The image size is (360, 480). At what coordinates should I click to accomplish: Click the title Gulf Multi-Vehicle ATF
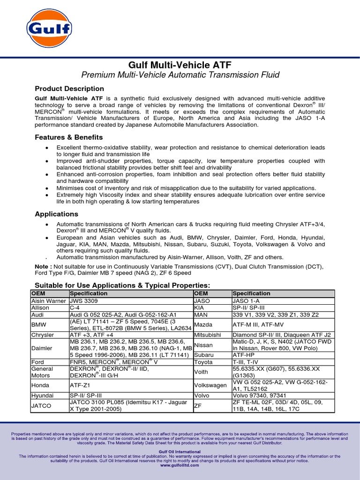[x=180, y=65]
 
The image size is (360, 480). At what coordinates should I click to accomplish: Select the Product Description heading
[x=69, y=89]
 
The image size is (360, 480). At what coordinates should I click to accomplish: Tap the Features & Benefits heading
[x=69, y=137]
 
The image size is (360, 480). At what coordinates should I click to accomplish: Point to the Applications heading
[x=57, y=214]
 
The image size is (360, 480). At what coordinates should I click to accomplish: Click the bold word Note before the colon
[x=43, y=267]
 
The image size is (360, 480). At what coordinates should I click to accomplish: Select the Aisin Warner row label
[x=48, y=301]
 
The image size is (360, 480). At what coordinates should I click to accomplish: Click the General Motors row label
[x=42, y=372]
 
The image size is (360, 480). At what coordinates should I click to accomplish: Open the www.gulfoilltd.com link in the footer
[x=180, y=466]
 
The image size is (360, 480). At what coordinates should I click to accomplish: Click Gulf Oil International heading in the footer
[x=180, y=452]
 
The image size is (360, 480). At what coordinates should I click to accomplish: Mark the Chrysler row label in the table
[x=43, y=335]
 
